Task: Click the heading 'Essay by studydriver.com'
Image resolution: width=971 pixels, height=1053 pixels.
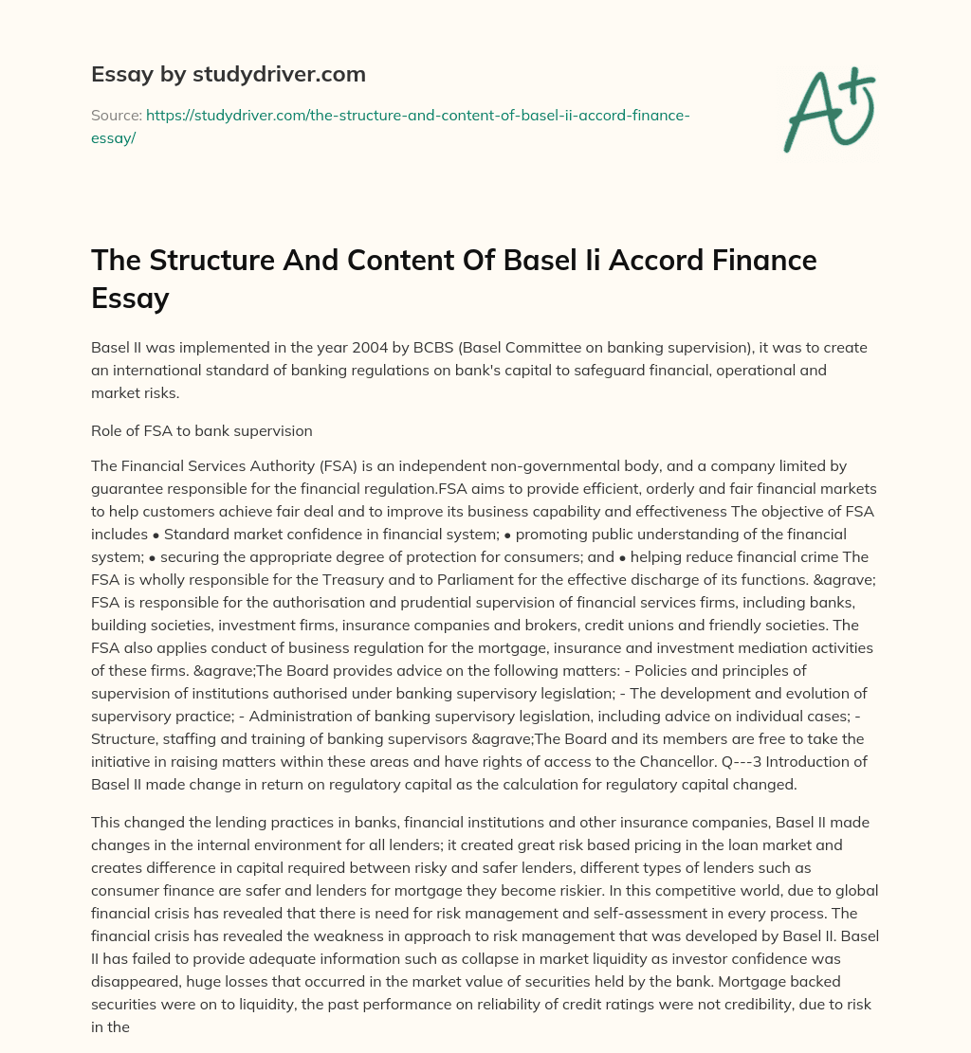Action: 228,74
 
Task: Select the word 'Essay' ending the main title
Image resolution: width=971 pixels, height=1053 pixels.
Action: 129,298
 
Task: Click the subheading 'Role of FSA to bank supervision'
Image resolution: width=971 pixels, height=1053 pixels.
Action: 201,430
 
